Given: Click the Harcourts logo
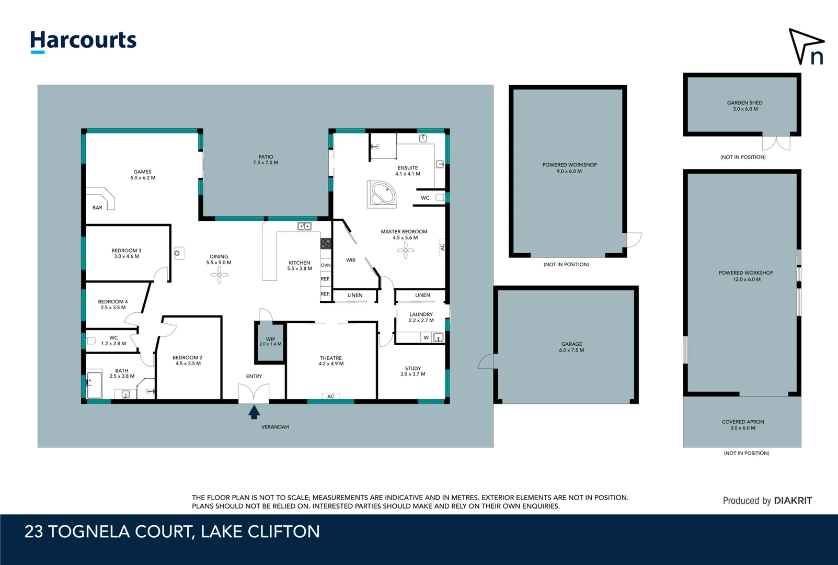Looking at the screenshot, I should pyautogui.click(x=83, y=41).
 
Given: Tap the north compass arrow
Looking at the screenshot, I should pyautogui.click(x=805, y=47).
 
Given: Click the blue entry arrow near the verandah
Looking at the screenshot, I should pyautogui.click(x=254, y=412).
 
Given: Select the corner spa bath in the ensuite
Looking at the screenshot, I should pyautogui.click(x=383, y=194).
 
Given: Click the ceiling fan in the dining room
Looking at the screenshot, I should pyautogui.click(x=219, y=275).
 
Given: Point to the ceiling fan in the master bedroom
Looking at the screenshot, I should pyautogui.click(x=405, y=250).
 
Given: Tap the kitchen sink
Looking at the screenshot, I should pyautogui.click(x=304, y=227).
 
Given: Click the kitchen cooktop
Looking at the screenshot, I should pyautogui.click(x=326, y=243).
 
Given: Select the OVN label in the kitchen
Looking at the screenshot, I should pyautogui.click(x=326, y=265).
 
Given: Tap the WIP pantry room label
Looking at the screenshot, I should pyautogui.click(x=270, y=342).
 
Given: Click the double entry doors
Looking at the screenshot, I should pyautogui.click(x=254, y=393).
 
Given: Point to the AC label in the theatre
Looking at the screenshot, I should pyautogui.click(x=331, y=397).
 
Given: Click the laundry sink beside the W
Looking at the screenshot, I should pyautogui.click(x=438, y=337).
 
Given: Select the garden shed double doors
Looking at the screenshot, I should pyautogui.click(x=776, y=143).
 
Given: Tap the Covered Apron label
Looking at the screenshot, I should pyautogui.click(x=742, y=425).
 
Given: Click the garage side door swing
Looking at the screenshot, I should pyautogui.click(x=486, y=362).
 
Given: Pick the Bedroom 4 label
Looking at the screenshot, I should pyautogui.click(x=113, y=304).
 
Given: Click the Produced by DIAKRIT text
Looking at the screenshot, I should pyautogui.click(x=767, y=501).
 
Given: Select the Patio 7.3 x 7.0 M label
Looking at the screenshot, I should pyautogui.click(x=266, y=160).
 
